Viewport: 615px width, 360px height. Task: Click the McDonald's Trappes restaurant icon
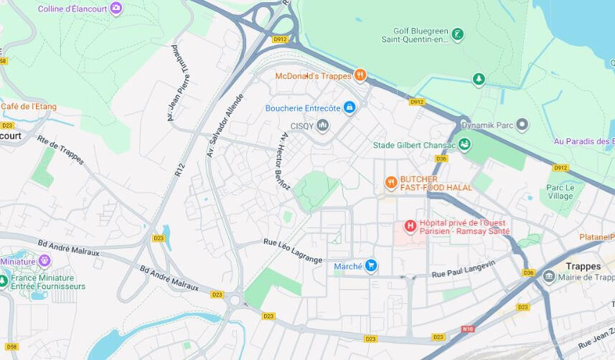[360, 75]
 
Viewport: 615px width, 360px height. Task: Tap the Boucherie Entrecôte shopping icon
[349, 108]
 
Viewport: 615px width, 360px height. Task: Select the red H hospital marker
[410, 226]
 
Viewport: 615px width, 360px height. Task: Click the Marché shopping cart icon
[371, 266]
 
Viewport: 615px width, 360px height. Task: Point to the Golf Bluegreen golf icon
[457, 34]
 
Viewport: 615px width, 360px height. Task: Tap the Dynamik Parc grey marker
[522, 125]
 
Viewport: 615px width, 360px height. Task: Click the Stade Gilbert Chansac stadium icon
[465, 145]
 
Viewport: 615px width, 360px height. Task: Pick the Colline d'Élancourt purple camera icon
[116, 8]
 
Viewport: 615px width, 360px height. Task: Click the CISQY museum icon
[322, 126]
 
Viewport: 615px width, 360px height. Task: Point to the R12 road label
[179, 170]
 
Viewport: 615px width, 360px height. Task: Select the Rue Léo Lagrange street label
[293, 251]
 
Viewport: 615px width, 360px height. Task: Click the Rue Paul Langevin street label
[464, 270]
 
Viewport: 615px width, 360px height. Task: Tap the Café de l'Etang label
[29, 107]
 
